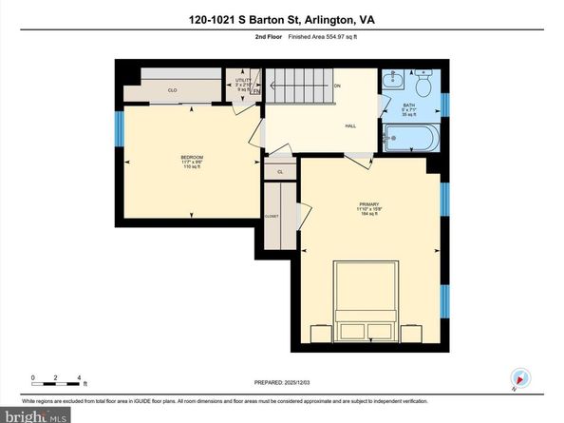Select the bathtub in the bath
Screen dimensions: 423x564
(x=409, y=140)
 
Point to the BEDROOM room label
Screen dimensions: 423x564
(x=192, y=157)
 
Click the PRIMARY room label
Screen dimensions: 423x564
(x=368, y=203)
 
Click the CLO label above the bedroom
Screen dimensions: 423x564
(x=172, y=90)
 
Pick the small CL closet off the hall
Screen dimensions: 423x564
(x=279, y=171)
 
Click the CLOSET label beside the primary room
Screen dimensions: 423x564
(x=273, y=217)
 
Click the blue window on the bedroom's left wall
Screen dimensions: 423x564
(x=120, y=129)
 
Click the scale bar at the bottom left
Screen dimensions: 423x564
(x=57, y=385)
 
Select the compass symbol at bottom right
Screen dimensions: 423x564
(x=518, y=378)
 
